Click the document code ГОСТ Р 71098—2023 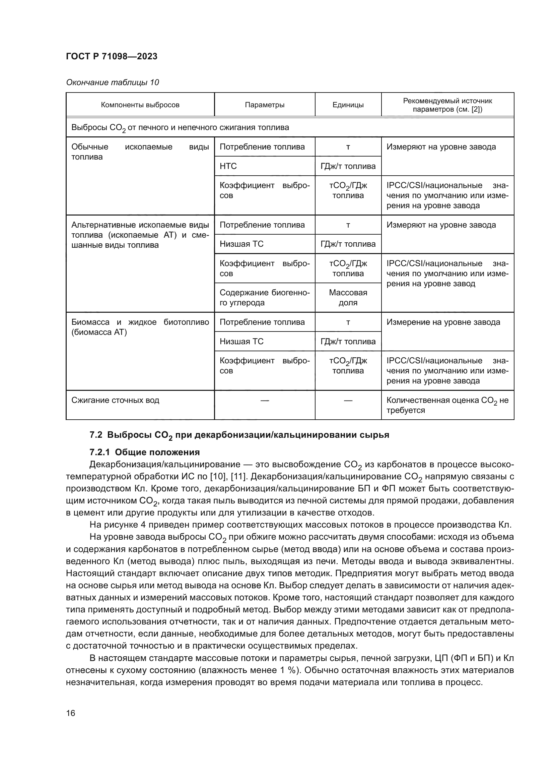[x=112, y=56]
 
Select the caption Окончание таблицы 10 [x=112, y=82]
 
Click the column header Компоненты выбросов [x=140, y=105]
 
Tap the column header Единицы [x=348, y=105]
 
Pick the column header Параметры [x=264, y=105]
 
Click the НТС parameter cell [x=228, y=166]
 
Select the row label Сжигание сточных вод [x=115, y=400]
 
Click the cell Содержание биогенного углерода [x=264, y=297]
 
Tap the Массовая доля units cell [x=348, y=297]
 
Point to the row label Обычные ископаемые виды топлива [x=140, y=152]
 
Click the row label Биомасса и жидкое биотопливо [x=140, y=327]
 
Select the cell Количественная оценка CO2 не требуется [x=447, y=405]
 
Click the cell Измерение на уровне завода [x=443, y=322]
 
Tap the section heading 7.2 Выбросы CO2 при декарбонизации [x=239, y=435]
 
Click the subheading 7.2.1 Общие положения [x=144, y=453]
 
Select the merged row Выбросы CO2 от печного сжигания [x=180, y=128]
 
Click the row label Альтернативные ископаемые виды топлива [x=140, y=235]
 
